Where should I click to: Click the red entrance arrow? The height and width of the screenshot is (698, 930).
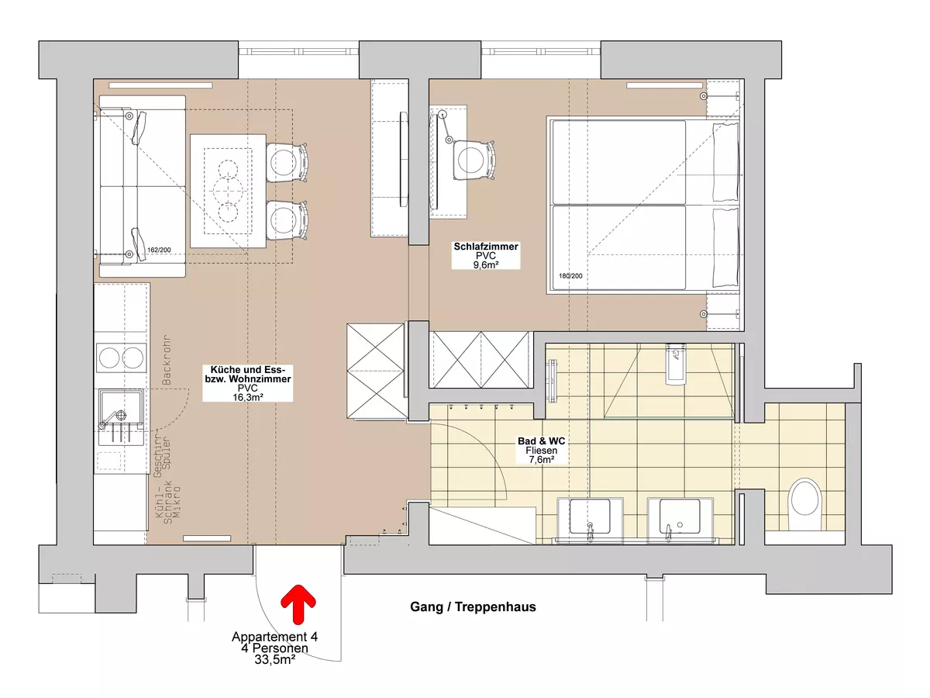point(298,604)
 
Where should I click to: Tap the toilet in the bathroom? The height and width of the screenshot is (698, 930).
point(804,504)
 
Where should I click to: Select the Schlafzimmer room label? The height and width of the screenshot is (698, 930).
point(486,246)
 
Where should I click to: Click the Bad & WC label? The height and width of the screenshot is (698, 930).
point(542,441)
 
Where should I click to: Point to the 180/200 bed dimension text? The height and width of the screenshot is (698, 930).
point(570,276)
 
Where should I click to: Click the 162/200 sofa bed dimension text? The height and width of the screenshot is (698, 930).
point(159,250)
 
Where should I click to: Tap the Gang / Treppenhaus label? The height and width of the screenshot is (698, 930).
point(473,607)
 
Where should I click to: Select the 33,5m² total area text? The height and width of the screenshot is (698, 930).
point(275,659)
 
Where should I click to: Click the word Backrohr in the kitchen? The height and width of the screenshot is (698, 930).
point(167,360)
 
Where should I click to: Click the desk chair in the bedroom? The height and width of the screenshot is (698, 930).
point(474,161)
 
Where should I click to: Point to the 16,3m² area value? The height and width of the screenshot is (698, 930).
point(248,397)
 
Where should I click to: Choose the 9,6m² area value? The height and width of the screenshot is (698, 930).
point(486,265)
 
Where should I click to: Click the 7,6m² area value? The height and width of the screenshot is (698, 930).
point(542,459)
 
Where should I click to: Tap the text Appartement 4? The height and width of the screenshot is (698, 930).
point(274,637)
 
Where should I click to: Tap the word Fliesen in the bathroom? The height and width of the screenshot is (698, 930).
point(542,451)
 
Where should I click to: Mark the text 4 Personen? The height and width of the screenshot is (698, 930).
point(274,648)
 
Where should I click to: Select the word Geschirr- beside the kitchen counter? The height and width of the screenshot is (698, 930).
point(158,452)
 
